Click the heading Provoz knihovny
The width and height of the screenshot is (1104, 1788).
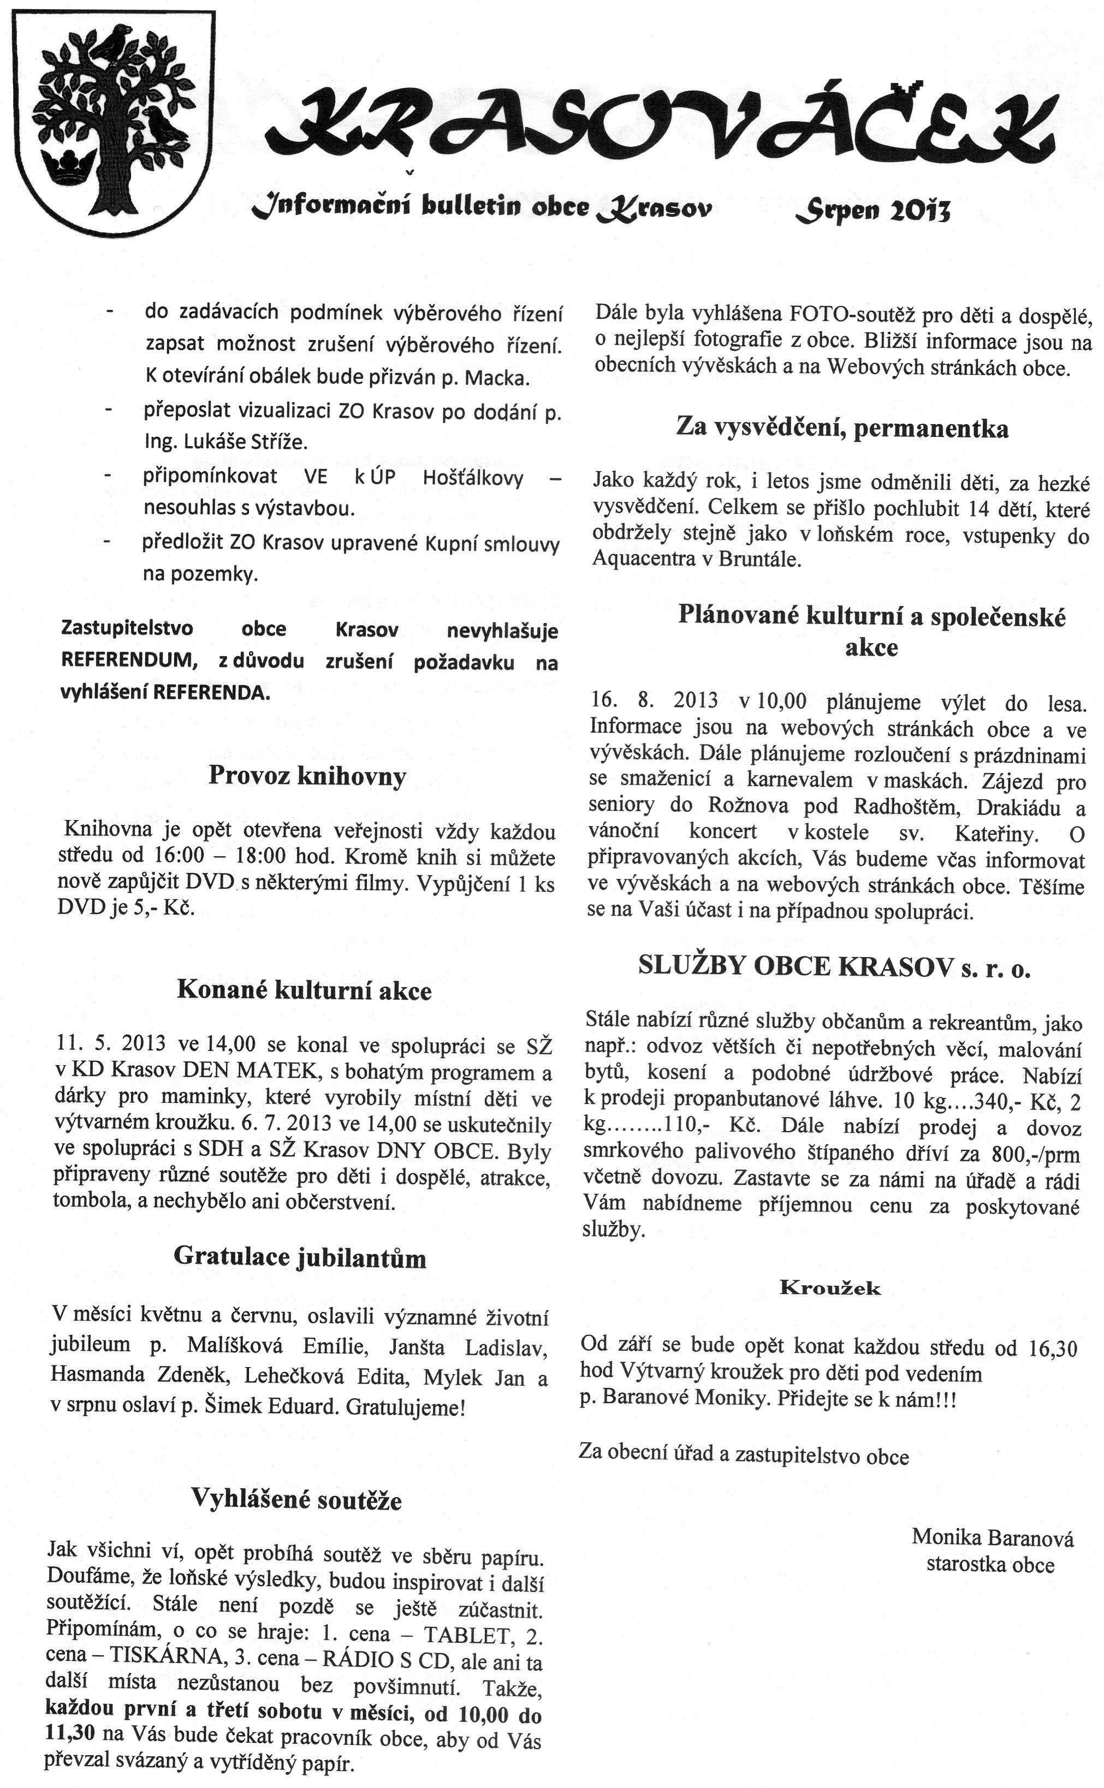click(307, 775)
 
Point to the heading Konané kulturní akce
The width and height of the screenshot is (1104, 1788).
click(304, 990)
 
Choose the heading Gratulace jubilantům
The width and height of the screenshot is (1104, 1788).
click(299, 1257)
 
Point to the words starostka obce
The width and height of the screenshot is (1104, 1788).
click(990, 1565)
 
